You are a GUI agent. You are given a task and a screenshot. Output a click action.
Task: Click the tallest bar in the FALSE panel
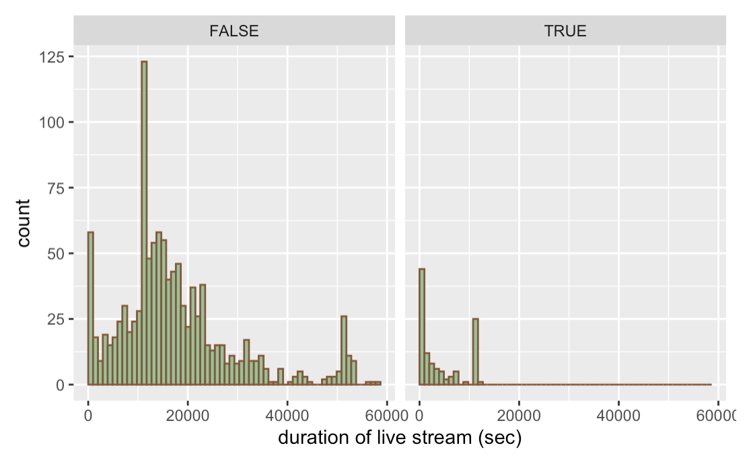(x=144, y=222)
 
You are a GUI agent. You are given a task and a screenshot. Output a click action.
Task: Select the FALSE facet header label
(x=234, y=31)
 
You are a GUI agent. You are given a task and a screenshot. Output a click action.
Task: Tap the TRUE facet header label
(x=565, y=31)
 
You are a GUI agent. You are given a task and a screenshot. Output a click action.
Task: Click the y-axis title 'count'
(x=24, y=223)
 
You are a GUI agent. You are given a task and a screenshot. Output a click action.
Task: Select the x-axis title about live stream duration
(x=400, y=438)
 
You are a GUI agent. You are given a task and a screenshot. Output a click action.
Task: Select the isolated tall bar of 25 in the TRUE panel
(x=476, y=352)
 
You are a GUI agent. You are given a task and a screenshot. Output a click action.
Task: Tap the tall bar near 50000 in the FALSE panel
(x=344, y=350)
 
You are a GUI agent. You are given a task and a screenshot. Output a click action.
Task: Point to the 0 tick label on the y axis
(x=61, y=385)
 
